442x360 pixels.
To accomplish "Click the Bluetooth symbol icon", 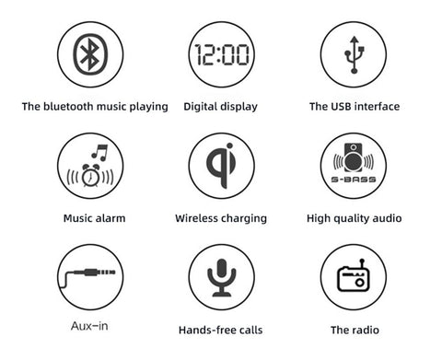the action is (90, 54).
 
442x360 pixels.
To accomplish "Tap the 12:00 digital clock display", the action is (222, 54).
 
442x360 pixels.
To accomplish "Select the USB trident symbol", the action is (355, 54).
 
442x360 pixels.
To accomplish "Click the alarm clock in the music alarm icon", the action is (90, 176).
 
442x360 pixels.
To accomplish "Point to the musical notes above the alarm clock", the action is (100, 153).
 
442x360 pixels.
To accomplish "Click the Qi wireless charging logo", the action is (221, 166).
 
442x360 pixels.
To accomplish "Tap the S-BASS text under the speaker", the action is (354, 180).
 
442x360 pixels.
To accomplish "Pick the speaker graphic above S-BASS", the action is (354, 157).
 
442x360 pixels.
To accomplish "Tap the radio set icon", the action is (353, 275).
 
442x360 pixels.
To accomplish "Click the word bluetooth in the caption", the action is (68, 107).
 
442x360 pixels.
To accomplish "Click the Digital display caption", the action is (220, 107).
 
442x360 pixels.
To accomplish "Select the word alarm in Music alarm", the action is (110, 218).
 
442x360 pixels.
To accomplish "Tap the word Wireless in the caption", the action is (196, 218).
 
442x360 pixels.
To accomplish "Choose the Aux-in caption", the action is (89, 326).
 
